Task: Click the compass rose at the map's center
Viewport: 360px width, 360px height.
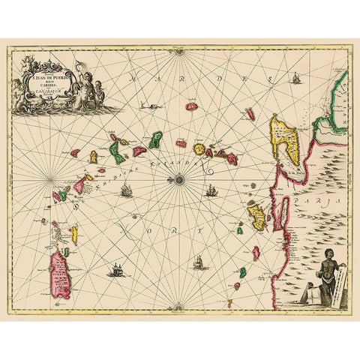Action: point(180,179)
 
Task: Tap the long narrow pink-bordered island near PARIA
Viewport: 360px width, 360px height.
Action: point(284,212)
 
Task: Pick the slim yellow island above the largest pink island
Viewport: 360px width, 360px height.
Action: point(74,234)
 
